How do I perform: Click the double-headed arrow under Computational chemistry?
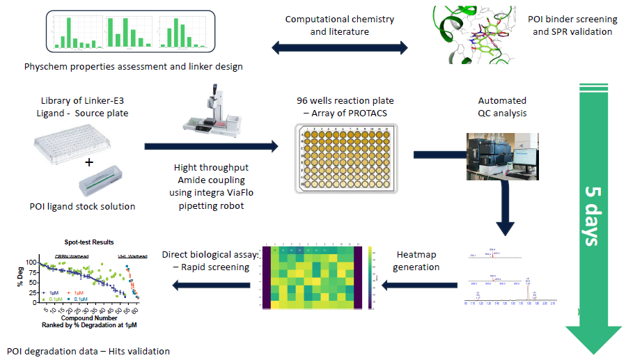point(340,48)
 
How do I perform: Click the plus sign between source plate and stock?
point(89,163)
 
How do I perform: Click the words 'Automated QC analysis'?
point(502,107)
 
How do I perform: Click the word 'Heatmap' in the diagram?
point(417,255)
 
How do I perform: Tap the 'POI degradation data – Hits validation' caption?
point(88,351)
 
